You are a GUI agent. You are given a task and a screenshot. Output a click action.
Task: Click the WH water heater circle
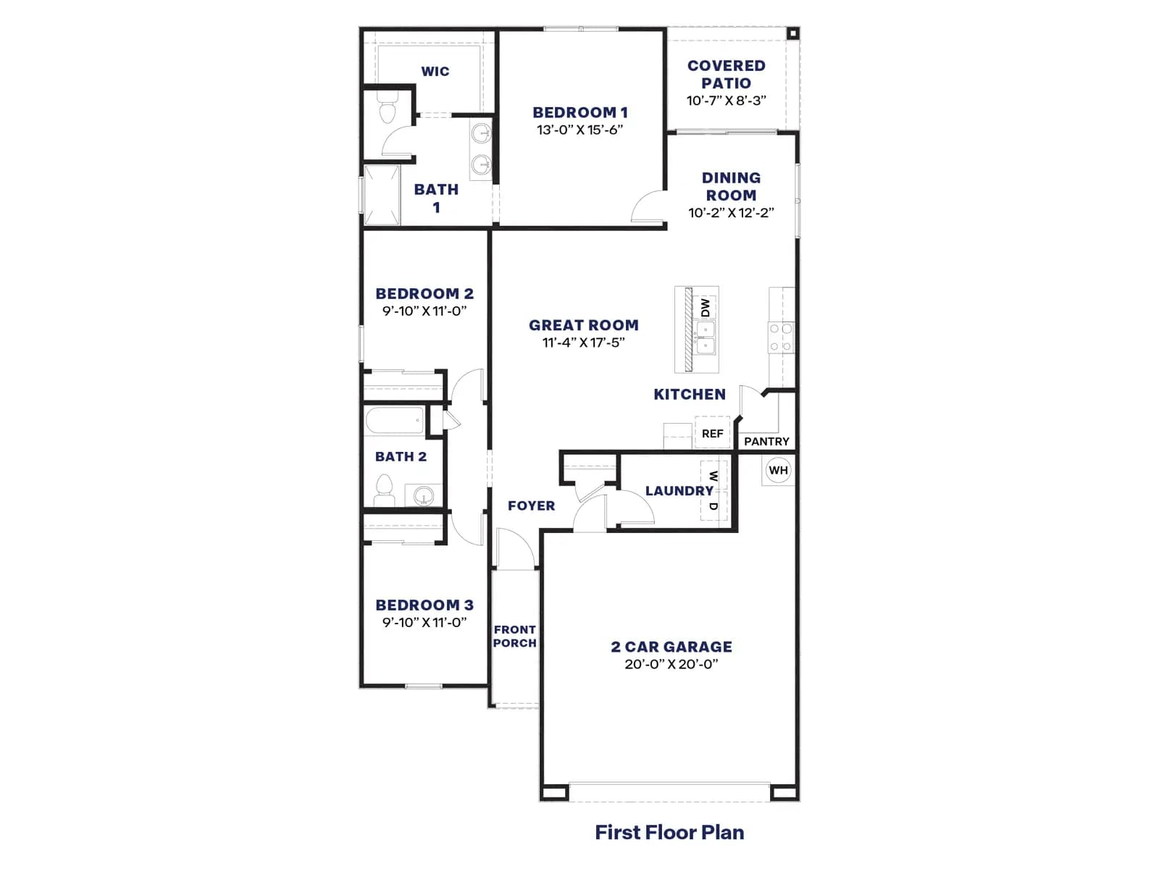pos(778,470)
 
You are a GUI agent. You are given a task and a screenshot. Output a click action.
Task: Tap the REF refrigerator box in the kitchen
pos(712,433)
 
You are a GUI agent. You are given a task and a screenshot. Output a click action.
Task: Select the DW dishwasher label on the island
pos(706,308)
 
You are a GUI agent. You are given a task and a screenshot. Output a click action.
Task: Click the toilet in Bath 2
pos(385,491)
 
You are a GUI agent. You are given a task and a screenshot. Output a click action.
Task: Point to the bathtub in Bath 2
pos(395,421)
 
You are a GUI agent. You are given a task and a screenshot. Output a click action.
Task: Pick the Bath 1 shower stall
pos(381,196)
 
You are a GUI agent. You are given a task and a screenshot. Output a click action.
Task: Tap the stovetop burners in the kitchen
pos(781,337)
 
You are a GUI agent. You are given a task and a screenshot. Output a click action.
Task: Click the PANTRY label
pos(766,441)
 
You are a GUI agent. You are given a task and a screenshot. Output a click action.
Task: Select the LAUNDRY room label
pos(679,491)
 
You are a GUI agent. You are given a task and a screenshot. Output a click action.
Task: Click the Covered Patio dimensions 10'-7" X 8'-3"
pos(726,100)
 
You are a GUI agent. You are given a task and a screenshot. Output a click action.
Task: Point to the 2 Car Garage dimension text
pos(671,664)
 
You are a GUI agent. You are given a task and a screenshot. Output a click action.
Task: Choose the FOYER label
pos(531,505)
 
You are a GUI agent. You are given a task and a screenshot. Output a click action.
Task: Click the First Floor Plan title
pos(669,832)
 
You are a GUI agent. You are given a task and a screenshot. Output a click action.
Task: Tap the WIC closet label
pos(435,71)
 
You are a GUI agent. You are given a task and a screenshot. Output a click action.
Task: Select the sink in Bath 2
pos(424,495)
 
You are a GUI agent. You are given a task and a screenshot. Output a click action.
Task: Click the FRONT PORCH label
pos(515,636)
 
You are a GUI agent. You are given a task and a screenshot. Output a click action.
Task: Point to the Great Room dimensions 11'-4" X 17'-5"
pos(583,343)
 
